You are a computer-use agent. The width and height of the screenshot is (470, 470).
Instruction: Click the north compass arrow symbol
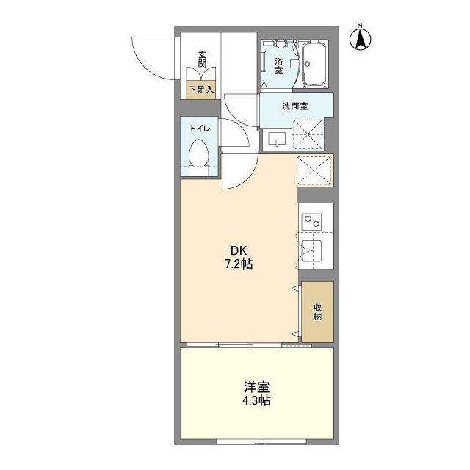[x=361, y=38]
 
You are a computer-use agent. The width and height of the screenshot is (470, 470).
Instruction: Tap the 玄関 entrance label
[x=203, y=59]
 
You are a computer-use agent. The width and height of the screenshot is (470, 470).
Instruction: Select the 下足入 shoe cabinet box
[x=200, y=90]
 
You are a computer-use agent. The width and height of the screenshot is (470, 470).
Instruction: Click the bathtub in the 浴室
[x=314, y=64]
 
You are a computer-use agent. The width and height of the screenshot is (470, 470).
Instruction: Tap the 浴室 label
[x=279, y=66]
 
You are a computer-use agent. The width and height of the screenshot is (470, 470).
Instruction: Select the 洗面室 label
[x=295, y=106]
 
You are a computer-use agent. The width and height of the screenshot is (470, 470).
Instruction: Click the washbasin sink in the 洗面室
[x=277, y=140]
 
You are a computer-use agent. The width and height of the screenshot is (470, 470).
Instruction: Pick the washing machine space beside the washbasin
[x=308, y=134]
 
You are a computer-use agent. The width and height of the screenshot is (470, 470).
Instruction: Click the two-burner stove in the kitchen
[x=311, y=222]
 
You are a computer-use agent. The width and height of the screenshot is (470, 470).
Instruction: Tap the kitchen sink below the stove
[x=311, y=250]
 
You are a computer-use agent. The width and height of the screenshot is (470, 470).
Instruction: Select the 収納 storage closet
[x=317, y=311]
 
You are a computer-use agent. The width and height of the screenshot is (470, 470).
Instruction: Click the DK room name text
[x=239, y=250]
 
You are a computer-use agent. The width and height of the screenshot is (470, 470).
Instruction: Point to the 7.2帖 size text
[x=239, y=264]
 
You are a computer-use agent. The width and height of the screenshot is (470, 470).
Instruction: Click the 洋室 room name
[x=256, y=387]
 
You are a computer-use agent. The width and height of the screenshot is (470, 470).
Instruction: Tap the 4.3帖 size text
[x=256, y=400]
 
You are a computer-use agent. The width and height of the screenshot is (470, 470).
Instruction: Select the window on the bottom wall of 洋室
[x=261, y=441]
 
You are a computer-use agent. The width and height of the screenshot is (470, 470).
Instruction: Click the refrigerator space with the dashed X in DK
[x=314, y=170]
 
